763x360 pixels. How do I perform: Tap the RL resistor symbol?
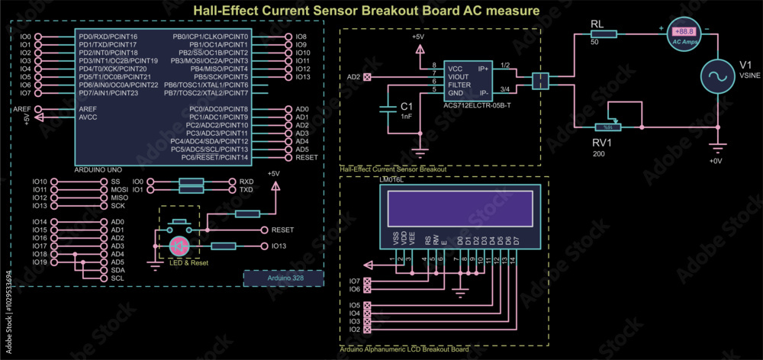tap(604, 34)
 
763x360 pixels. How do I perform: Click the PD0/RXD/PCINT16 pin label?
tap(108, 37)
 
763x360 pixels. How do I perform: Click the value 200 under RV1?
tap(598, 154)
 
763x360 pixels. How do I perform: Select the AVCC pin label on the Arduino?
tap(89, 117)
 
